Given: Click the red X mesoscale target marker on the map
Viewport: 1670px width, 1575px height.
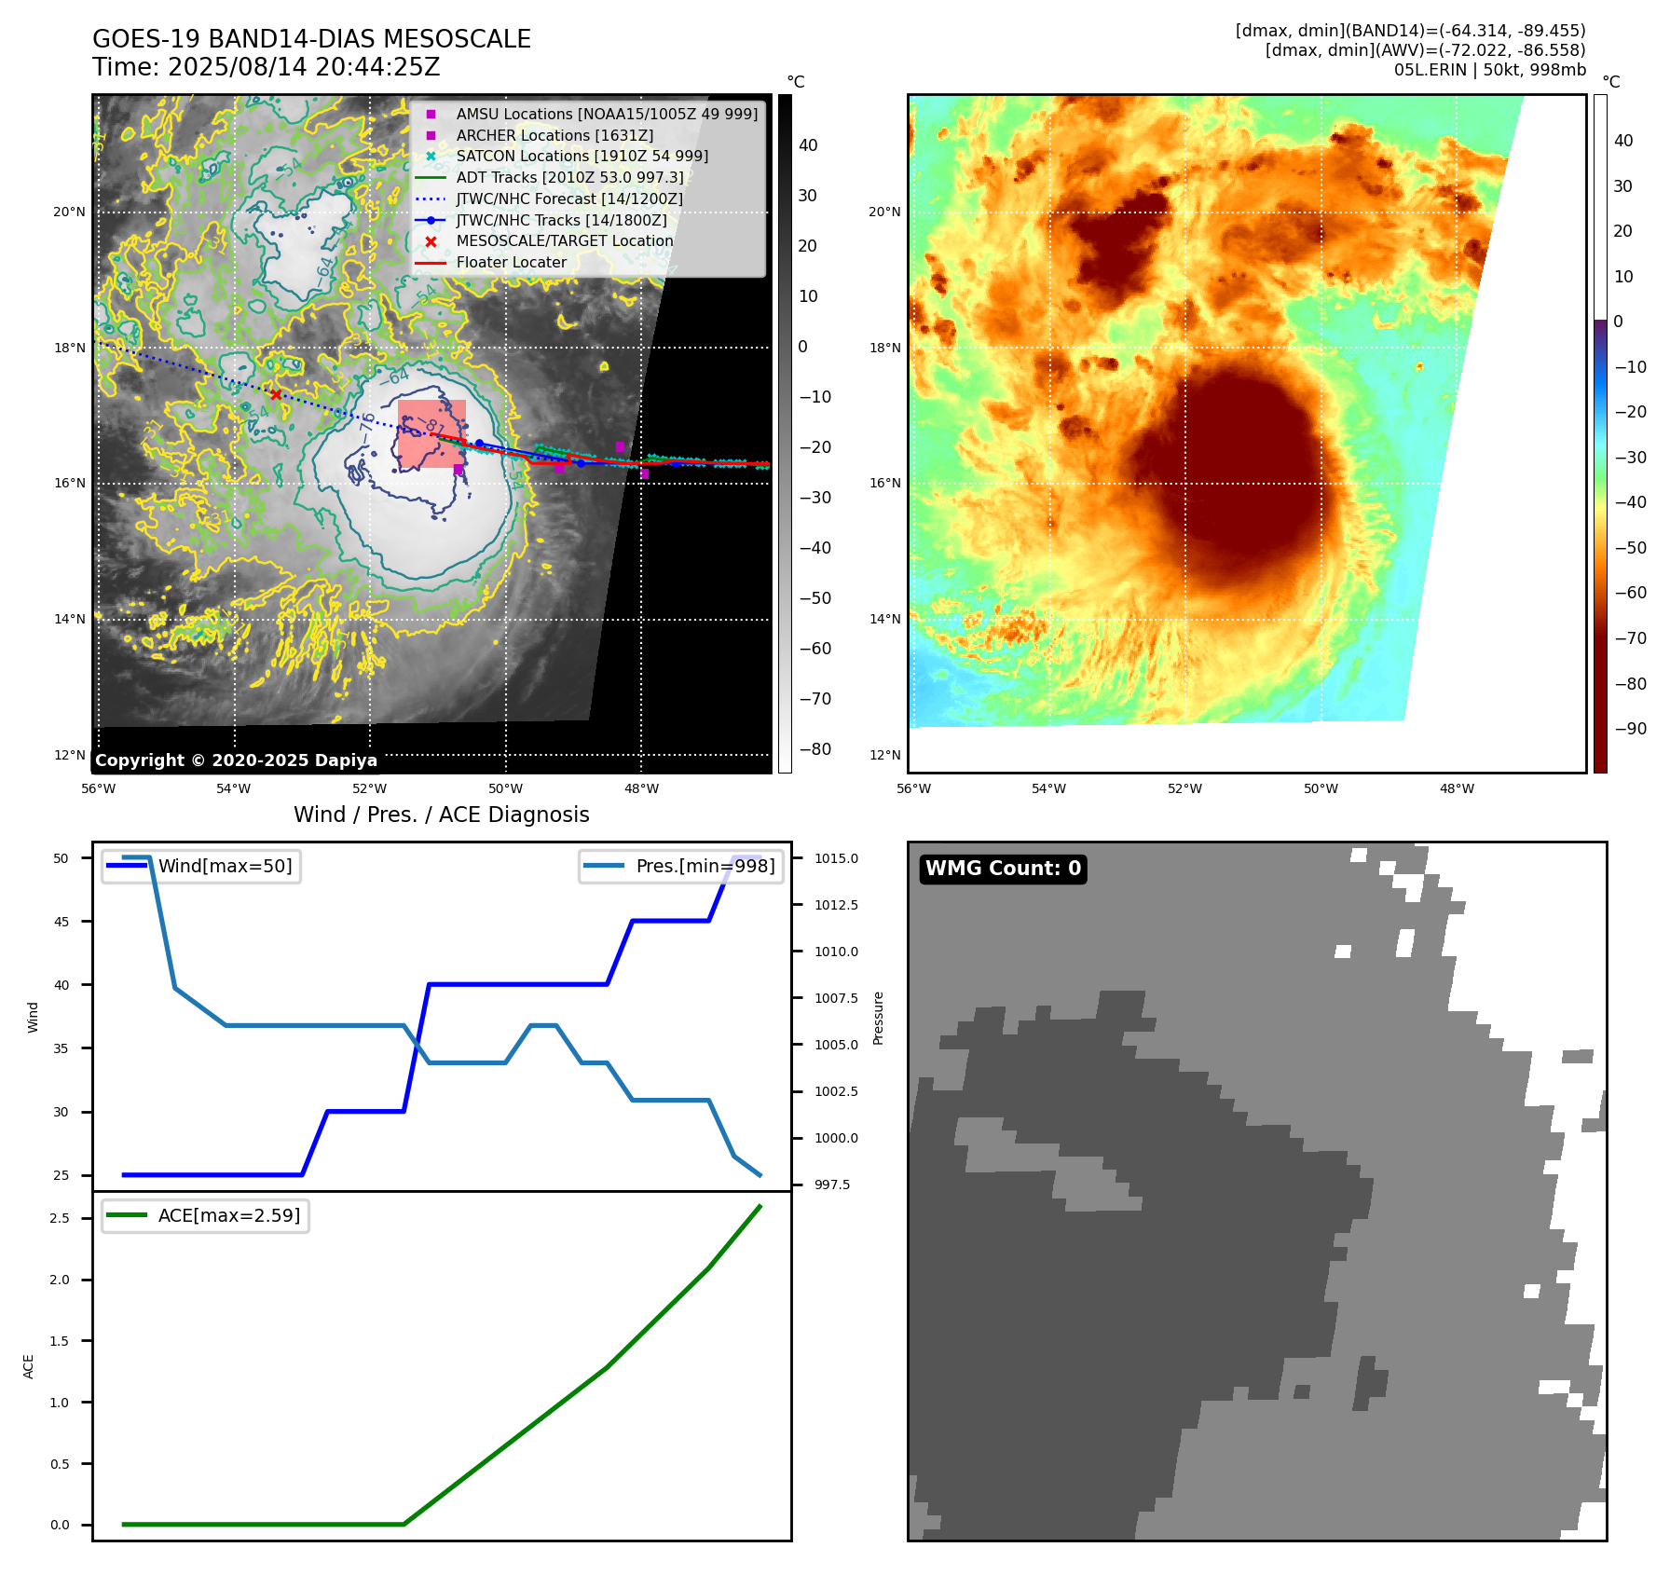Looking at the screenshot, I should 275,394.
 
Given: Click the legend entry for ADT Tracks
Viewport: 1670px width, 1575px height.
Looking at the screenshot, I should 569,177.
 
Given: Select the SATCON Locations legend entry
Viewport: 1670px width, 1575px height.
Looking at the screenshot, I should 582,156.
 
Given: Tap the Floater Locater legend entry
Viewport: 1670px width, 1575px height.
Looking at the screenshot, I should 511,262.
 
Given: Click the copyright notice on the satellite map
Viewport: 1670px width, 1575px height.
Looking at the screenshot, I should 236,760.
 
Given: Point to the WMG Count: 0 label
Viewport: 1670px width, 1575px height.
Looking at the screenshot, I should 1003,869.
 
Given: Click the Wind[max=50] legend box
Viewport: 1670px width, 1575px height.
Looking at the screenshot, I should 201,866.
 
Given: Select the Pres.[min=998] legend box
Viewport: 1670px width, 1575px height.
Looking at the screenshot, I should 681,866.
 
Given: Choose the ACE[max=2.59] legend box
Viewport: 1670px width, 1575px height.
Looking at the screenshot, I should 205,1215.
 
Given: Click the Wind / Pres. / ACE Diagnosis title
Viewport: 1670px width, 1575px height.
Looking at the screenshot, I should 441,815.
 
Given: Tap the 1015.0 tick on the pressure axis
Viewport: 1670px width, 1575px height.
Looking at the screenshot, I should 836,858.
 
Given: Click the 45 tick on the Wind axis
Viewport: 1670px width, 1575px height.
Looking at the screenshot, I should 62,922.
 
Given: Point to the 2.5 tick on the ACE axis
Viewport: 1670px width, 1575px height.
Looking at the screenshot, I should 60,1218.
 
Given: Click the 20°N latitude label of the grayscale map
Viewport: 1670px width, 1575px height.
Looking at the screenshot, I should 69,212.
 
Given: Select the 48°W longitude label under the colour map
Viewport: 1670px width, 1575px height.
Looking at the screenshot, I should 1457,788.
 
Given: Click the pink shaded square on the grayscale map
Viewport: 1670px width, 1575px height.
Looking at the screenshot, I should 431,433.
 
